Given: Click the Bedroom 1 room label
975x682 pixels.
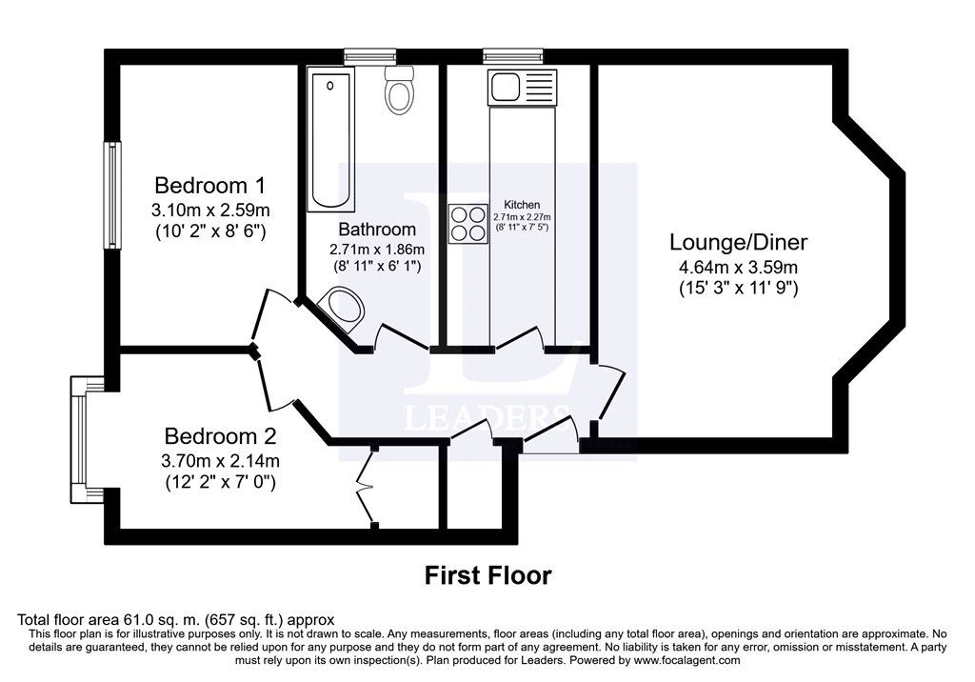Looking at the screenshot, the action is [x=210, y=186].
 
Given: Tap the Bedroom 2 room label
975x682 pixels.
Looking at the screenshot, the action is [x=220, y=436].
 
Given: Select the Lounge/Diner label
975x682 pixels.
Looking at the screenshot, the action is [x=738, y=242].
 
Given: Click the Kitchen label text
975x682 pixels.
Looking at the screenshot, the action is [x=522, y=205].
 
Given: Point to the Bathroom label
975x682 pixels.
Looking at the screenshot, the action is [x=377, y=230].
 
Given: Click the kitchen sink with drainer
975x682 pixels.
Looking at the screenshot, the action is [x=523, y=88].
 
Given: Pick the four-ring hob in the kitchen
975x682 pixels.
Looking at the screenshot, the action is [x=468, y=224].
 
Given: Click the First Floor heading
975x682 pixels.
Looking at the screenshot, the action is [x=488, y=575].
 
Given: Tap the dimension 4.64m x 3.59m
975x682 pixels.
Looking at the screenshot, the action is [x=738, y=269].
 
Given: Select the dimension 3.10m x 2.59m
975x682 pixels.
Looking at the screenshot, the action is [x=210, y=211].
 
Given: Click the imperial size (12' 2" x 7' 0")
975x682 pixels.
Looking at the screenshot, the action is [x=220, y=482].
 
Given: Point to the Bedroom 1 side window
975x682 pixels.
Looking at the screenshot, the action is [x=112, y=195].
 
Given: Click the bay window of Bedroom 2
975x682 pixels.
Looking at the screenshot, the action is [x=79, y=439].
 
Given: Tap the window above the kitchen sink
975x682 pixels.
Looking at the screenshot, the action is [x=513, y=57].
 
